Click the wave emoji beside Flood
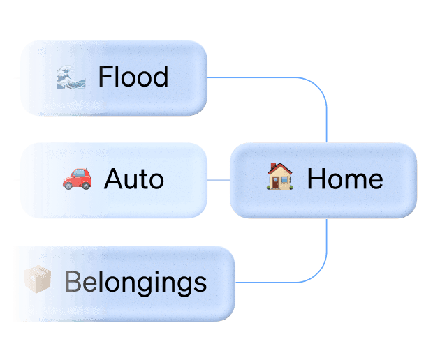point(71,76)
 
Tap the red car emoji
point(77,179)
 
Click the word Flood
point(133,77)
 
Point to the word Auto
point(133,179)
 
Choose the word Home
point(345,179)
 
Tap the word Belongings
point(135,283)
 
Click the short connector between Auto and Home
point(219,179)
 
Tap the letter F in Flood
point(104,77)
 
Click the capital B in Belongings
point(71,283)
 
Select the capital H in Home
point(316,179)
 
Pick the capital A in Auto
point(112,179)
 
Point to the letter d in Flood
point(161,77)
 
